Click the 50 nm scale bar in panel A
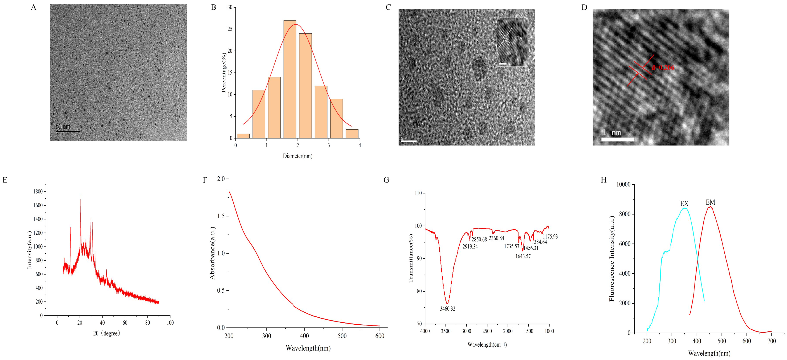click(x=68, y=131)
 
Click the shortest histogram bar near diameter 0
click(x=243, y=136)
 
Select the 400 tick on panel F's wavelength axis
click(x=304, y=336)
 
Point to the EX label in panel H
click(x=684, y=204)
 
